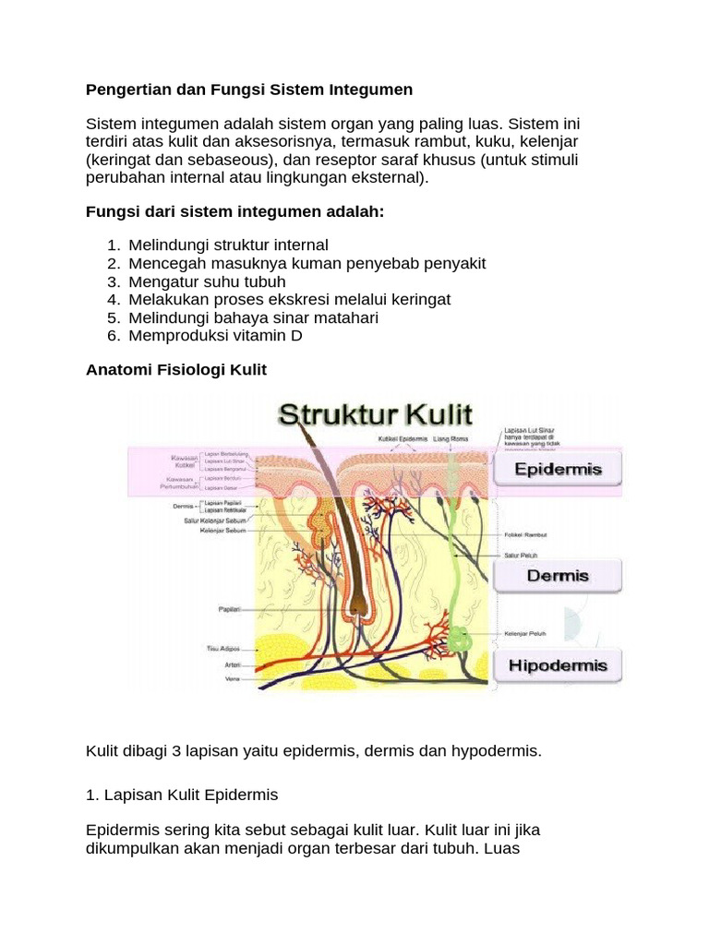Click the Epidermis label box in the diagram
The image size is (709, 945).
point(557,469)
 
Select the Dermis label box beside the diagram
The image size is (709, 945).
point(557,576)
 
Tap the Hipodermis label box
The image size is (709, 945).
point(557,664)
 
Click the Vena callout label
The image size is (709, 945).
point(233,678)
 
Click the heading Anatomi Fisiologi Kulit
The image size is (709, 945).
point(175,370)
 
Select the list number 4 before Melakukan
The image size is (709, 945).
point(113,300)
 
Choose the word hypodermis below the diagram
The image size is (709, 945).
point(495,751)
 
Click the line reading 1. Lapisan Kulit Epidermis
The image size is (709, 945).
point(181,795)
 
